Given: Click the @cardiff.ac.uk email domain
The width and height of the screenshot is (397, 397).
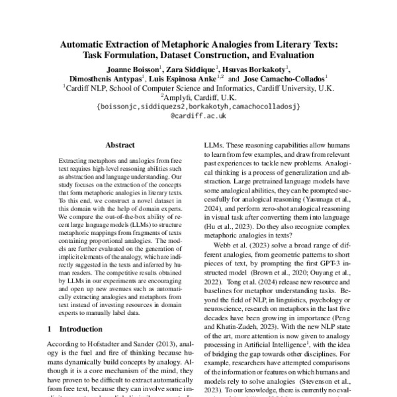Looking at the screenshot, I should click(x=198, y=114).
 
